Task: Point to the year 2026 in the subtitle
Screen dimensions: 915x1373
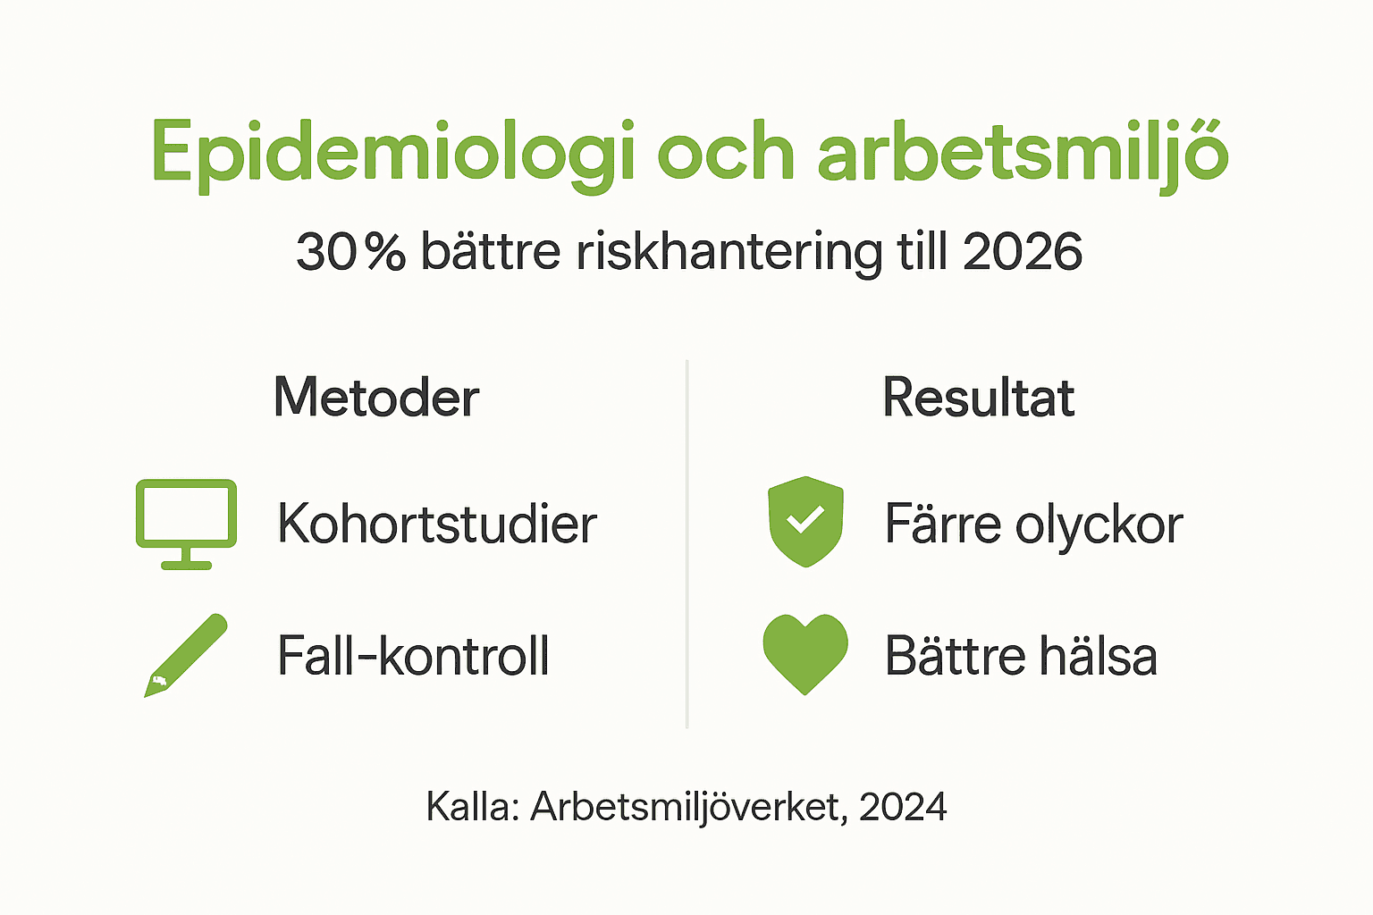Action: click(x=1023, y=252)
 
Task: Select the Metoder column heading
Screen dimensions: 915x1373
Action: click(x=376, y=398)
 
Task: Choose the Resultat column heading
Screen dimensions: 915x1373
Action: click(x=978, y=398)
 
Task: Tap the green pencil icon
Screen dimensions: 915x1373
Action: click(x=186, y=655)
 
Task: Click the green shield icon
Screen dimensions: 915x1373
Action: click(x=805, y=522)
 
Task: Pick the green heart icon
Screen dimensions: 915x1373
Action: click(x=805, y=653)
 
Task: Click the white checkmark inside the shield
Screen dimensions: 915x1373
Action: click(x=805, y=519)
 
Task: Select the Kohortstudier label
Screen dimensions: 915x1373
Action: click(x=436, y=524)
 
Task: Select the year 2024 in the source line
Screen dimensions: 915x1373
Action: click(x=903, y=807)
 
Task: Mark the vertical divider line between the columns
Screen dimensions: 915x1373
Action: click(x=686, y=545)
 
